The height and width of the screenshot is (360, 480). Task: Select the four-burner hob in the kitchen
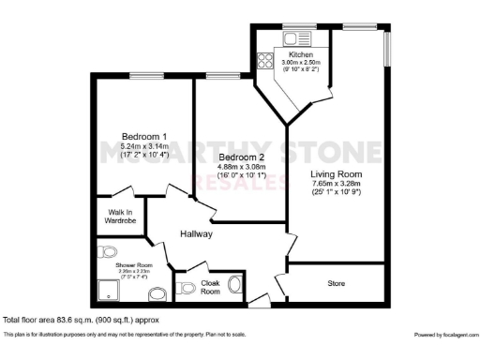(x=265, y=61)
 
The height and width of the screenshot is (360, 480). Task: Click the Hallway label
(x=198, y=233)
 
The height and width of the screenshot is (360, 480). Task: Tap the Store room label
(x=336, y=281)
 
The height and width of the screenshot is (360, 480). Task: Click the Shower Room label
(x=133, y=266)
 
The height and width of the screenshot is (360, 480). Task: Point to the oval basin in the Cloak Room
(x=235, y=285)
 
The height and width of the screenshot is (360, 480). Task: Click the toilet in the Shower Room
(x=109, y=251)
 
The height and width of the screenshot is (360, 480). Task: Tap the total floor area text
(x=81, y=320)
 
